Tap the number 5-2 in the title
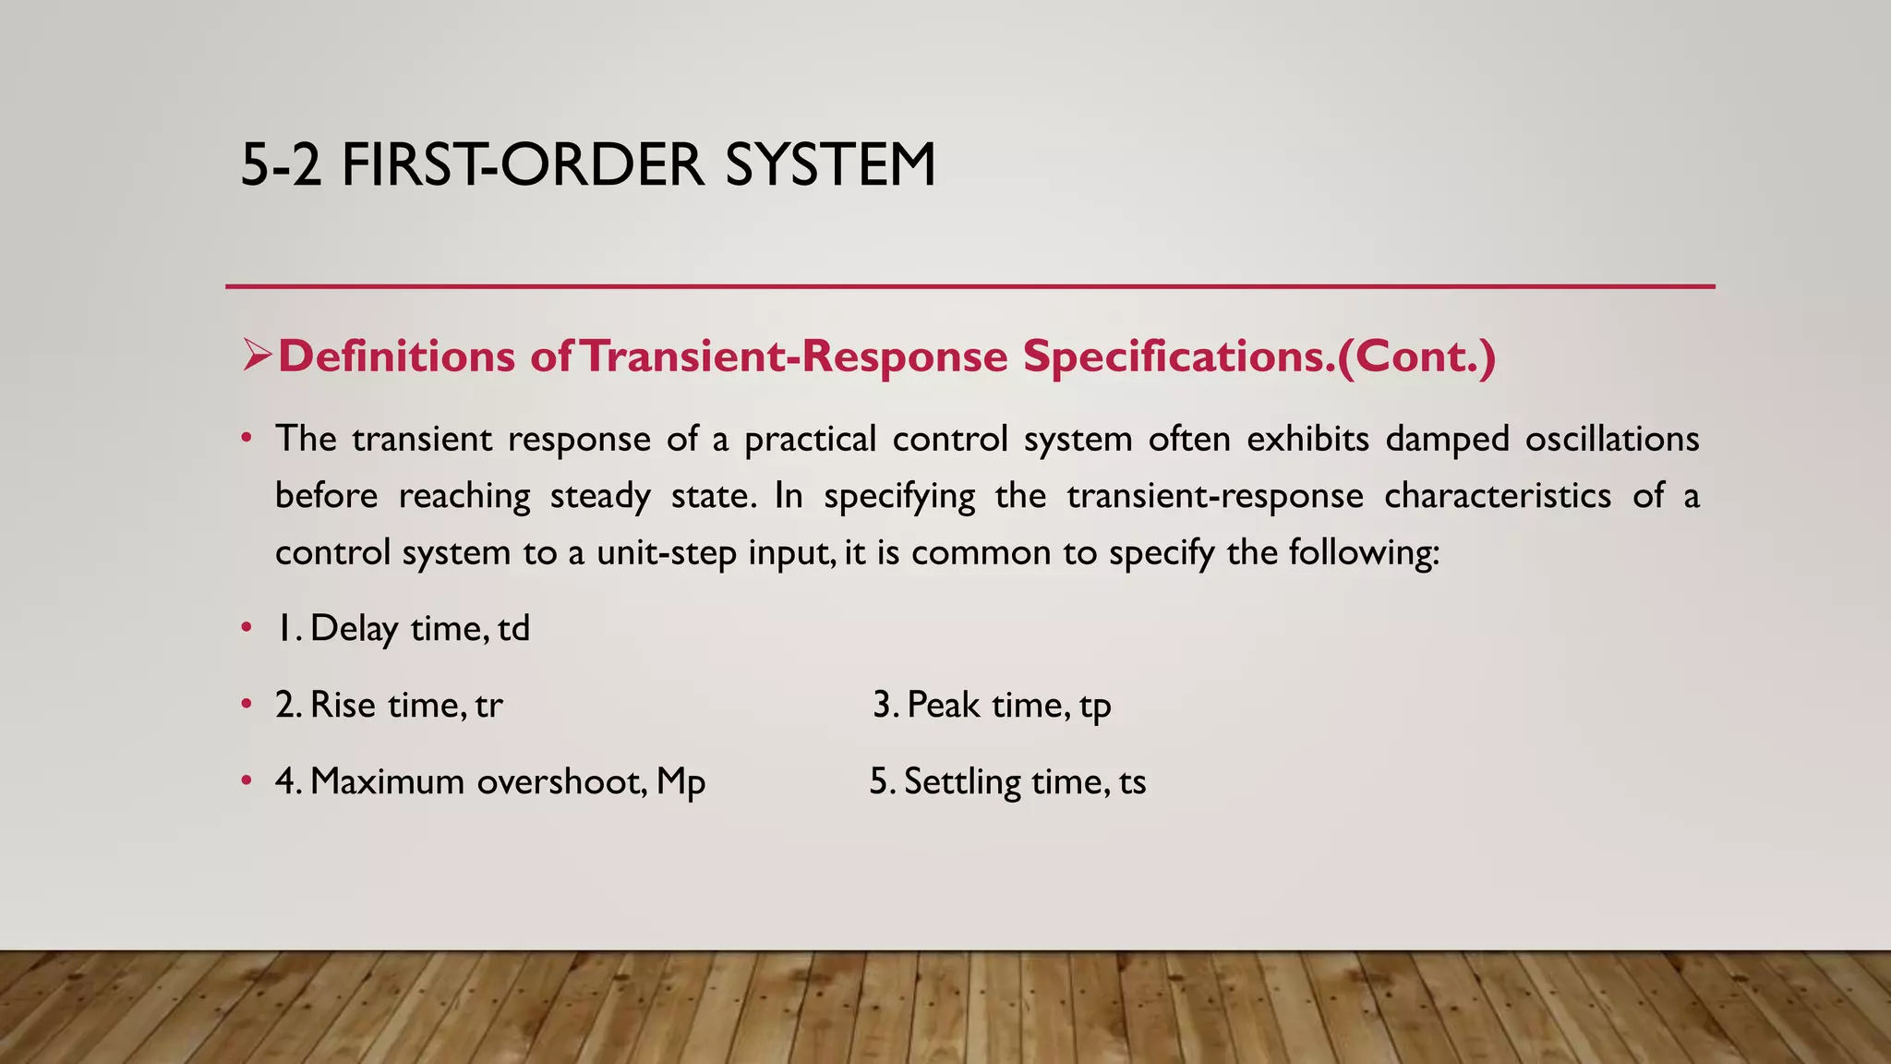click(x=281, y=165)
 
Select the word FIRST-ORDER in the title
click(x=522, y=165)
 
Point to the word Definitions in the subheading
click(x=396, y=357)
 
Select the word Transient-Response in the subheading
click(x=794, y=357)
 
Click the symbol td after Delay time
click(x=514, y=629)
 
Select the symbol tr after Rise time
click(x=489, y=706)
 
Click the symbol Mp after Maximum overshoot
click(x=681, y=782)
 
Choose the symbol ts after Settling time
click(x=1132, y=782)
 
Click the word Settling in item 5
click(x=962, y=782)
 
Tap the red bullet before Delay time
click(x=246, y=629)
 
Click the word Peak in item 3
click(x=943, y=706)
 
